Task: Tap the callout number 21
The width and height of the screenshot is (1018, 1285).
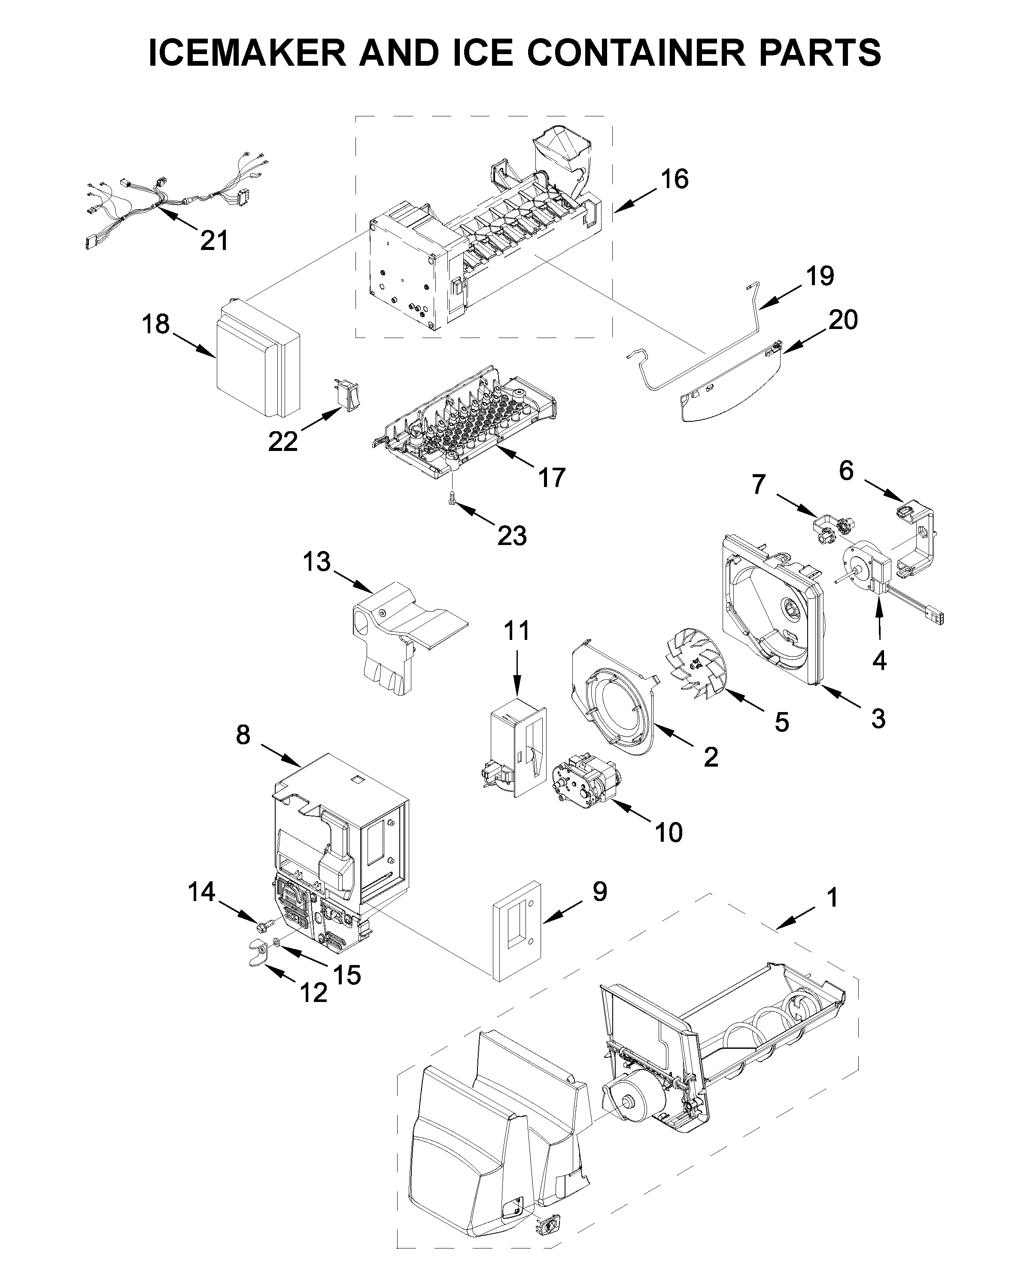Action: click(x=214, y=241)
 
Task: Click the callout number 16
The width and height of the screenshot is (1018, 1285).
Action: click(x=674, y=179)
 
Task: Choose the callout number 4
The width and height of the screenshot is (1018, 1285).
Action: click(x=878, y=660)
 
